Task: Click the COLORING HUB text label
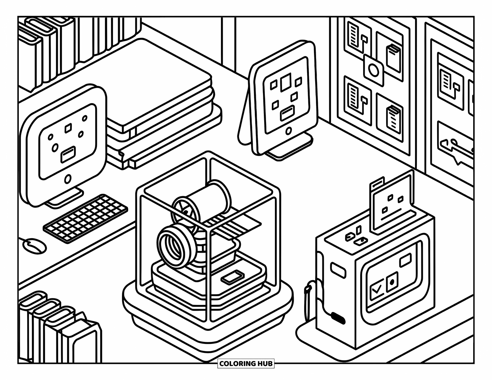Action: (x=246, y=364)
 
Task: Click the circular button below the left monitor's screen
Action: (x=68, y=179)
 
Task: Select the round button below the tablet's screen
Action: (x=288, y=131)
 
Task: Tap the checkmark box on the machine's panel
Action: (x=377, y=289)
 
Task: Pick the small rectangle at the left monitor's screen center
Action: (x=68, y=155)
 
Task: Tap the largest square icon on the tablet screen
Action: (x=286, y=81)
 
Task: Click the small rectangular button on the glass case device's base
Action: (x=232, y=277)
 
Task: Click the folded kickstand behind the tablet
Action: (x=245, y=125)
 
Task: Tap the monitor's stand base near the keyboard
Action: (x=64, y=200)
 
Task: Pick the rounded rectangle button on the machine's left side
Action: (x=338, y=270)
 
